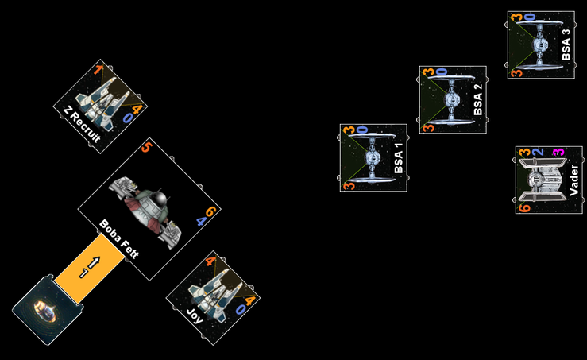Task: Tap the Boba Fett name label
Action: pos(120,239)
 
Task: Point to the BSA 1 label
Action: pos(398,158)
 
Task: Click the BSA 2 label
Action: pos(477,100)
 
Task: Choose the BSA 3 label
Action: pos(566,45)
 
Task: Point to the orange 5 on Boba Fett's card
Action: pos(145,147)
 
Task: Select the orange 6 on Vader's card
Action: pos(524,208)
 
